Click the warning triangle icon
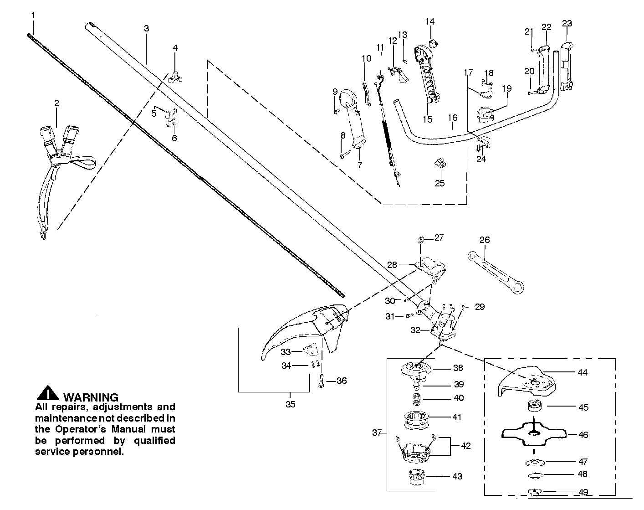coord(47,394)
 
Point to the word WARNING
coord(91,397)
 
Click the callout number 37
coord(376,433)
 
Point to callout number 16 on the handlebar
coord(452,118)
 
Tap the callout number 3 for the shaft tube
coord(146,28)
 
